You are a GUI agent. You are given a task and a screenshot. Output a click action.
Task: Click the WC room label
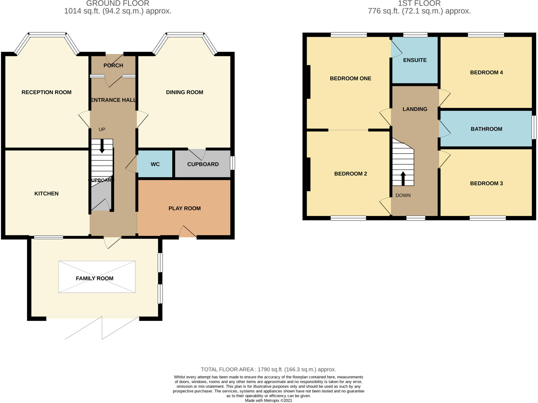point(155,164)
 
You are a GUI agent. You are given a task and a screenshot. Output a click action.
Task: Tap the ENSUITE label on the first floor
point(415,60)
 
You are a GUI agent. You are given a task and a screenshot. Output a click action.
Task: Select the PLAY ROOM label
point(184,208)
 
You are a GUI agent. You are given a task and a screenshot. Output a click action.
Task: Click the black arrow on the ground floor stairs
point(102,146)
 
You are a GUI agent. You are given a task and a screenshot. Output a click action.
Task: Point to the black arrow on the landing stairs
point(403,178)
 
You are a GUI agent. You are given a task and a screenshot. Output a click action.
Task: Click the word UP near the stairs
point(102,129)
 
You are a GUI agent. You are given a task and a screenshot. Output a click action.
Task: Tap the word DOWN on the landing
point(403,195)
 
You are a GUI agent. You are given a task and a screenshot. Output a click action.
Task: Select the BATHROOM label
point(486,129)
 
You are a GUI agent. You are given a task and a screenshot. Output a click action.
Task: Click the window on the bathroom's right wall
point(534,128)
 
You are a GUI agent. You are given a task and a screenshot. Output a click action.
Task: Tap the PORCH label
point(113,65)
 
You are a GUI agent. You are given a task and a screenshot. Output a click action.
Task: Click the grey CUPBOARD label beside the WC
point(203,164)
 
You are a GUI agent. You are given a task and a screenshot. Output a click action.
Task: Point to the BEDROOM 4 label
point(486,72)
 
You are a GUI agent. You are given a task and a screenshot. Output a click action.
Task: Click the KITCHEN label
point(46,194)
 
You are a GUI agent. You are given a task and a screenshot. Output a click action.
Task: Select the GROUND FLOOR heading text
point(118,3)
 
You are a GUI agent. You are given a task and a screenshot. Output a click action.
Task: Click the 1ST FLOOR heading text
point(419,3)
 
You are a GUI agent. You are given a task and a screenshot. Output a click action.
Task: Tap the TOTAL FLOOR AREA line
point(268,369)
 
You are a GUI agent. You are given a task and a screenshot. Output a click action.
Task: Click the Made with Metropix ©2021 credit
point(268,400)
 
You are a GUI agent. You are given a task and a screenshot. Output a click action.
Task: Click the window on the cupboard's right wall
point(232,163)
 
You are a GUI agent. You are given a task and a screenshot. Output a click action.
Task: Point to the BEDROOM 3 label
point(486,183)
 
